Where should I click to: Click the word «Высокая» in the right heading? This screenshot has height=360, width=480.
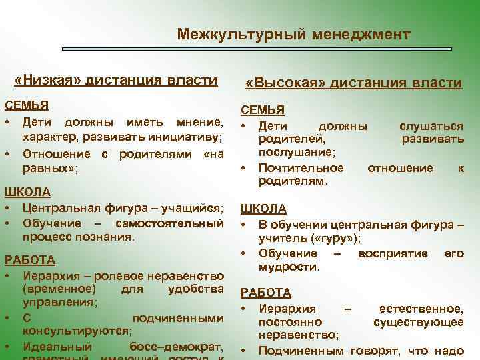point(283,83)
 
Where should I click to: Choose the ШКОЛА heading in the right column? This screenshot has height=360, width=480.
point(263,209)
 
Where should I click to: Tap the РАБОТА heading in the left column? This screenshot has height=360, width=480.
point(30,259)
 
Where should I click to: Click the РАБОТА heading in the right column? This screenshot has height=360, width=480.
point(265,292)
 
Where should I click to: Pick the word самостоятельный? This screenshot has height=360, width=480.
point(169,222)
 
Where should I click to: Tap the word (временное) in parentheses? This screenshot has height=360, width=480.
point(59,289)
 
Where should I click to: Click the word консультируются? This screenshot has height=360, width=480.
point(76,331)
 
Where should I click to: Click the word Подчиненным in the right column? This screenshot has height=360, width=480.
point(301,350)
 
